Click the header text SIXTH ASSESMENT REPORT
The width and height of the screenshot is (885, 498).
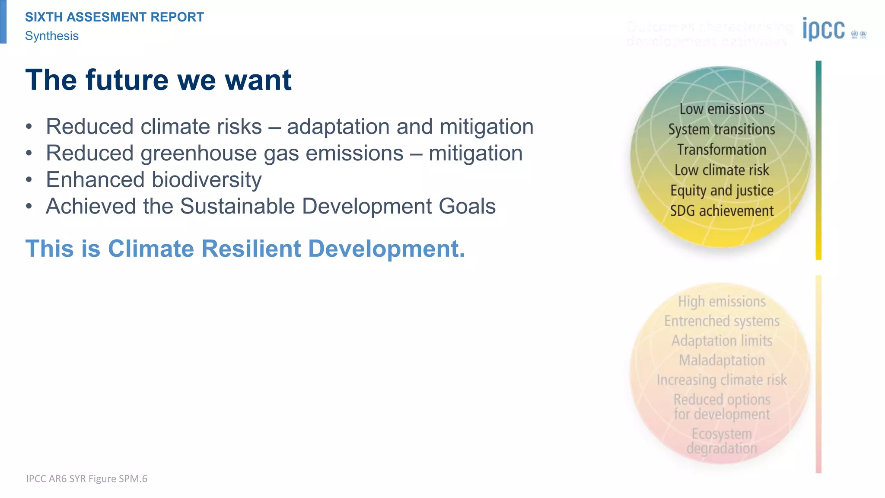[x=115, y=17]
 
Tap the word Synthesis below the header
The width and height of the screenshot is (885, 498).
[x=52, y=36]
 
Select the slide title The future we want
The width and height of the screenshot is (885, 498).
[x=158, y=80]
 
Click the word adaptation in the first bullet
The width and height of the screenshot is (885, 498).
[x=338, y=127]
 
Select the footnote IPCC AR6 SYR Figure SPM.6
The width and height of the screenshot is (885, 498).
[x=86, y=479]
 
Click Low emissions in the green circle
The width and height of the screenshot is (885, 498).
[x=722, y=109]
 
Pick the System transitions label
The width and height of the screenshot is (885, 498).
[x=722, y=129]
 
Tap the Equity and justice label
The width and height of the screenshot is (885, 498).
[x=722, y=190]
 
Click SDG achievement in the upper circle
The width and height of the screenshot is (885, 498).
[x=722, y=211]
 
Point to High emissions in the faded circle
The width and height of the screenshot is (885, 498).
[x=722, y=301]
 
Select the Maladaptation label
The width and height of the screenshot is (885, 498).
[x=722, y=360]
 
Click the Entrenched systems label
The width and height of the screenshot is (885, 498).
[x=722, y=321]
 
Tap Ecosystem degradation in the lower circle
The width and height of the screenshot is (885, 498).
[x=722, y=441]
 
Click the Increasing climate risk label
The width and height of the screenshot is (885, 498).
[x=722, y=380]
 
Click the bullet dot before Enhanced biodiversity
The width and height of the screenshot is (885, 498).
[x=29, y=180]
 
